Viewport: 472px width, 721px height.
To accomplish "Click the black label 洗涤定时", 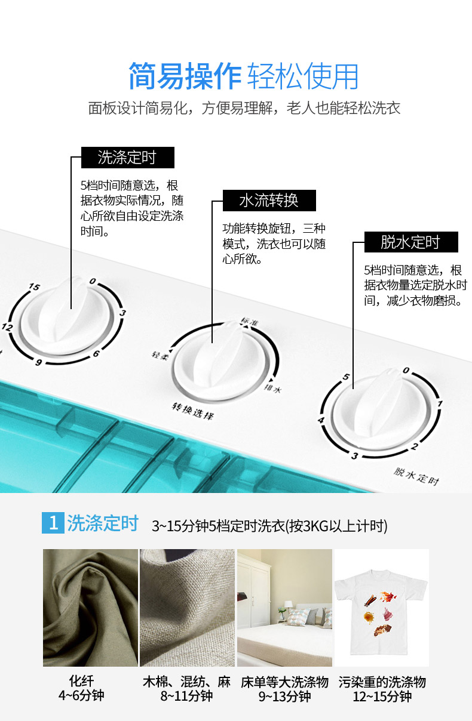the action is pyautogui.click(x=128, y=158).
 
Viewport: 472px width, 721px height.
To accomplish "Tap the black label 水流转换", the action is pyautogui.click(x=269, y=200).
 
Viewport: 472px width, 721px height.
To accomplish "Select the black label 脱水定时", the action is pyautogui.click(x=411, y=242).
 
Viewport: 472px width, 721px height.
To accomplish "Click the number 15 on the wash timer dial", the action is pyautogui.click(x=35, y=286).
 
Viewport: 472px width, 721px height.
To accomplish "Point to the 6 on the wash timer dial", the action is pyautogui.click(x=96, y=354).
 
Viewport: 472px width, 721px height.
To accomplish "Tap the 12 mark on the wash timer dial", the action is pyautogui.click(x=7, y=327).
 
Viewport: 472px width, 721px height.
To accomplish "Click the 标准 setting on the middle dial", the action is pyautogui.click(x=249, y=321).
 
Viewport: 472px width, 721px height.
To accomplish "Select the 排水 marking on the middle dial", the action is pyautogui.click(x=272, y=389).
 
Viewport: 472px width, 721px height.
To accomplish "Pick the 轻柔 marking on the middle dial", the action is pyautogui.click(x=160, y=356).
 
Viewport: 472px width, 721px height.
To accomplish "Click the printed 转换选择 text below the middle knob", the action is pyautogui.click(x=192, y=411).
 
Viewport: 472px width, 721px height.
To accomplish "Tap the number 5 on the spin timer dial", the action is pyautogui.click(x=346, y=377).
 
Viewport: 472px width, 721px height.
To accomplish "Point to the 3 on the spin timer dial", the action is pyautogui.click(x=355, y=456).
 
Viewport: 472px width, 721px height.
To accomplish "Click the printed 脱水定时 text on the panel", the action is pyautogui.click(x=416, y=476).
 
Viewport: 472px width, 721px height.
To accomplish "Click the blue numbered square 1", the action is pyautogui.click(x=53, y=523).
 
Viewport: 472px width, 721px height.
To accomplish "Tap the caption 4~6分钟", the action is pyautogui.click(x=81, y=696).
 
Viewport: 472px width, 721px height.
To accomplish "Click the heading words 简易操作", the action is pyautogui.click(x=185, y=76).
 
